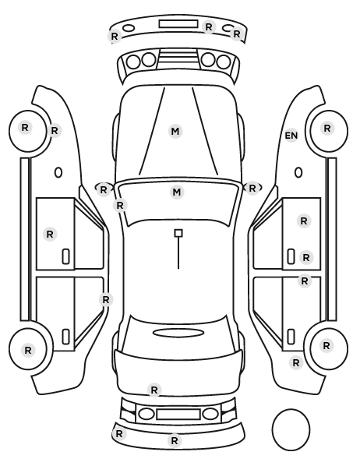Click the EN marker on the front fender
coord(291,136)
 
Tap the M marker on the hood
coord(175,131)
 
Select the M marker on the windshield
coord(177,192)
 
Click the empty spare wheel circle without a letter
coord(291,429)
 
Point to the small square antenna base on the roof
coord(178,233)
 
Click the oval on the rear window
coord(178,333)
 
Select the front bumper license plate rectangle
coord(178,24)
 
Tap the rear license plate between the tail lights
coord(178,414)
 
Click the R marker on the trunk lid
coord(154,390)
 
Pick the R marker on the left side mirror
coord(103,189)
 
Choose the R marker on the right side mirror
coord(252,188)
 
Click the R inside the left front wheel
coord(25,128)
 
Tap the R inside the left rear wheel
coord(28,350)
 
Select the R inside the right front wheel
coord(327,128)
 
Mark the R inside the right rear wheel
coord(326,346)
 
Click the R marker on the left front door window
coord(50,235)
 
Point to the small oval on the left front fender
coord(58,172)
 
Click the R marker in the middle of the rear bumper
coord(175,440)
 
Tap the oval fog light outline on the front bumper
coord(129,28)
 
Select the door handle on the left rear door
coord(65,337)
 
